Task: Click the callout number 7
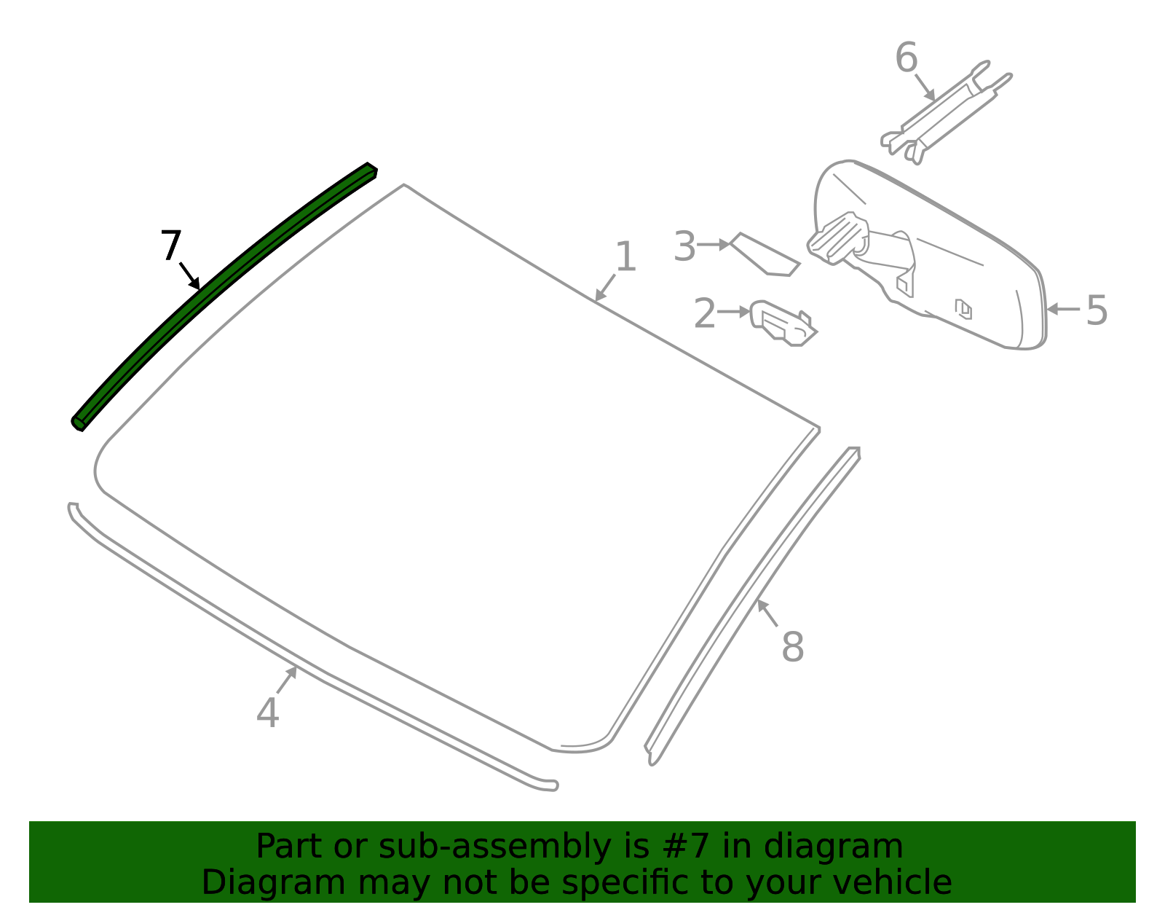[x=171, y=245]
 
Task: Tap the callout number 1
[x=625, y=256]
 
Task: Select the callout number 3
[x=684, y=246]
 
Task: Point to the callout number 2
[x=705, y=313]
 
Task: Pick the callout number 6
[x=907, y=57]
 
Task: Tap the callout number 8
[x=793, y=647]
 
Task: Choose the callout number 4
[x=267, y=713]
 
